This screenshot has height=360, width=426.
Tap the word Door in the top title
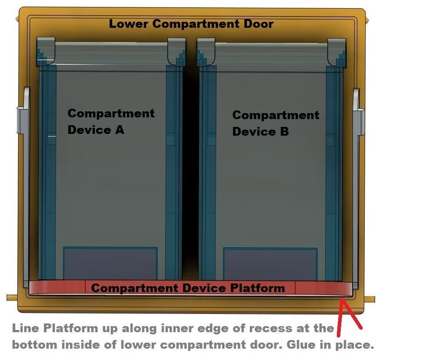(x=258, y=24)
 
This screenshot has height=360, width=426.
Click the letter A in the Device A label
(x=120, y=130)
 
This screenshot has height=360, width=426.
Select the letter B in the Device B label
(x=284, y=132)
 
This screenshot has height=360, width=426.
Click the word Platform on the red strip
(x=258, y=288)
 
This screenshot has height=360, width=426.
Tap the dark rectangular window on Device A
(x=110, y=263)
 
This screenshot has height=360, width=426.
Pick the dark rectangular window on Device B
(x=270, y=264)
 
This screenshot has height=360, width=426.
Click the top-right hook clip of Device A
(x=177, y=52)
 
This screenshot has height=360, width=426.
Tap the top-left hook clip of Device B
(x=206, y=52)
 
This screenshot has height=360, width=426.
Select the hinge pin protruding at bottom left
(x=12, y=297)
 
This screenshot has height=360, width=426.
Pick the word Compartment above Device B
(x=276, y=116)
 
